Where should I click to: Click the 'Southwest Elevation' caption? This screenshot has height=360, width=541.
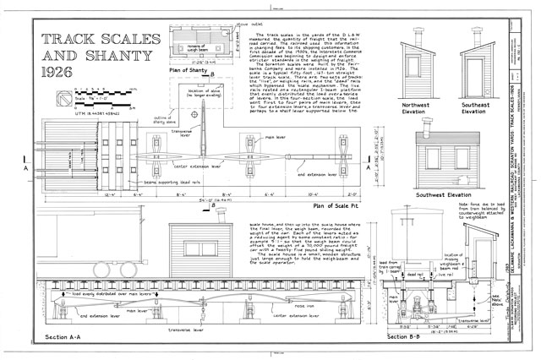pos(449,195)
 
